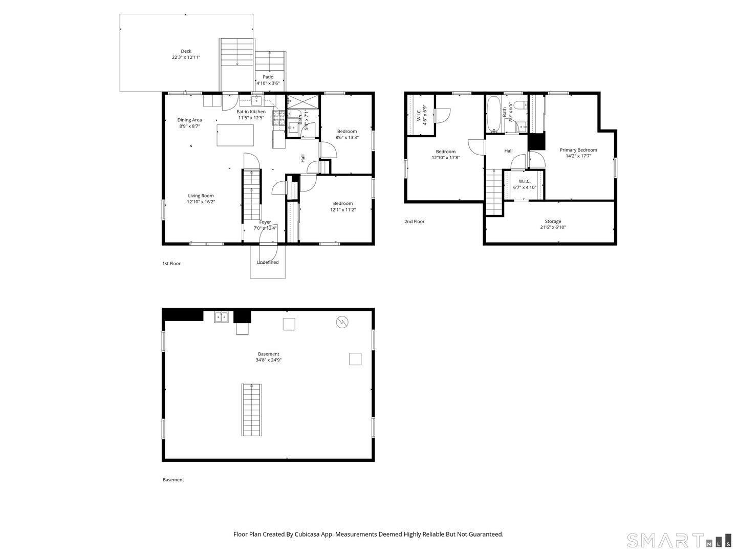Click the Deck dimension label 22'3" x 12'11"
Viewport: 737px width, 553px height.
point(186,57)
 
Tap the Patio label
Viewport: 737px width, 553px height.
point(268,77)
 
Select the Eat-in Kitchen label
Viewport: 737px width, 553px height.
point(251,112)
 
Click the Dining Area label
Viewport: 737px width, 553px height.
point(189,120)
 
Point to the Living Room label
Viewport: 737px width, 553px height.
point(201,196)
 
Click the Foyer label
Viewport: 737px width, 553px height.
point(265,222)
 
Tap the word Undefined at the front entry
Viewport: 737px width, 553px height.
point(268,262)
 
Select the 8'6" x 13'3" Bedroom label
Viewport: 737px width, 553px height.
point(346,132)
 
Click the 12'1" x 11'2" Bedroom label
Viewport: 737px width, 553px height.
point(342,203)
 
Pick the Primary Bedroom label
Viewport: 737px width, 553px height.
point(578,150)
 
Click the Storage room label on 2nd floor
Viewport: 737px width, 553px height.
point(553,221)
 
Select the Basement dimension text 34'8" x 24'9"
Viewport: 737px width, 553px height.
point(269,360)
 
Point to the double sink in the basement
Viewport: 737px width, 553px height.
point(221,317)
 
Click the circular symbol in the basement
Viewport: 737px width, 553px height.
point(342,322)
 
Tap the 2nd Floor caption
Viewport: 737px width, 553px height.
point(415,222)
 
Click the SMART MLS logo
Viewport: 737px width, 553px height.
point(679,540)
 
